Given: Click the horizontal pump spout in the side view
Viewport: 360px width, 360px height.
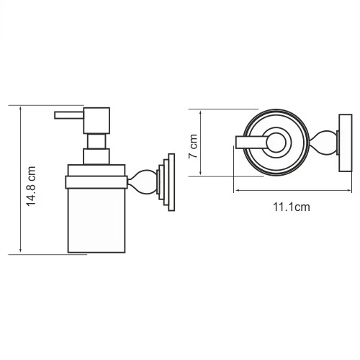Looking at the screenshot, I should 70,114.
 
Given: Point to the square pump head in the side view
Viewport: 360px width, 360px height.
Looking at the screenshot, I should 96,120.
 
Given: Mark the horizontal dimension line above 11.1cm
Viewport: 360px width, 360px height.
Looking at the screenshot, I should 288,191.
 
